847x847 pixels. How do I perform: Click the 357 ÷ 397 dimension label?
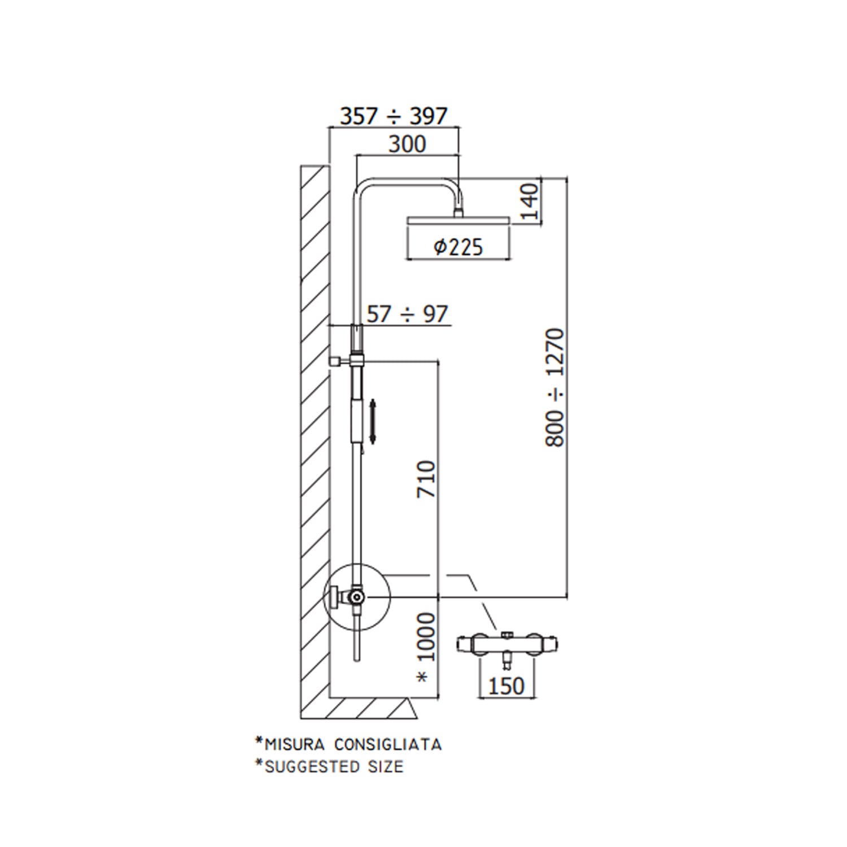click(394, 116)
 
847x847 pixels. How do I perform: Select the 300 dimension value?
click(407, 145)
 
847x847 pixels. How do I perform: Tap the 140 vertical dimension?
click(530, 202)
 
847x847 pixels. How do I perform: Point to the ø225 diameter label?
click(459, 247)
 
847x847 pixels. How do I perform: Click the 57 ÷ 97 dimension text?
click(407, 314)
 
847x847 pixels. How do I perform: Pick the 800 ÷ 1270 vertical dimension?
click(555, 387)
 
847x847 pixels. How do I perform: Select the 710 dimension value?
click(426, 479)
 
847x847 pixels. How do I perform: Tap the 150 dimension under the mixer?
click(506, 686)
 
